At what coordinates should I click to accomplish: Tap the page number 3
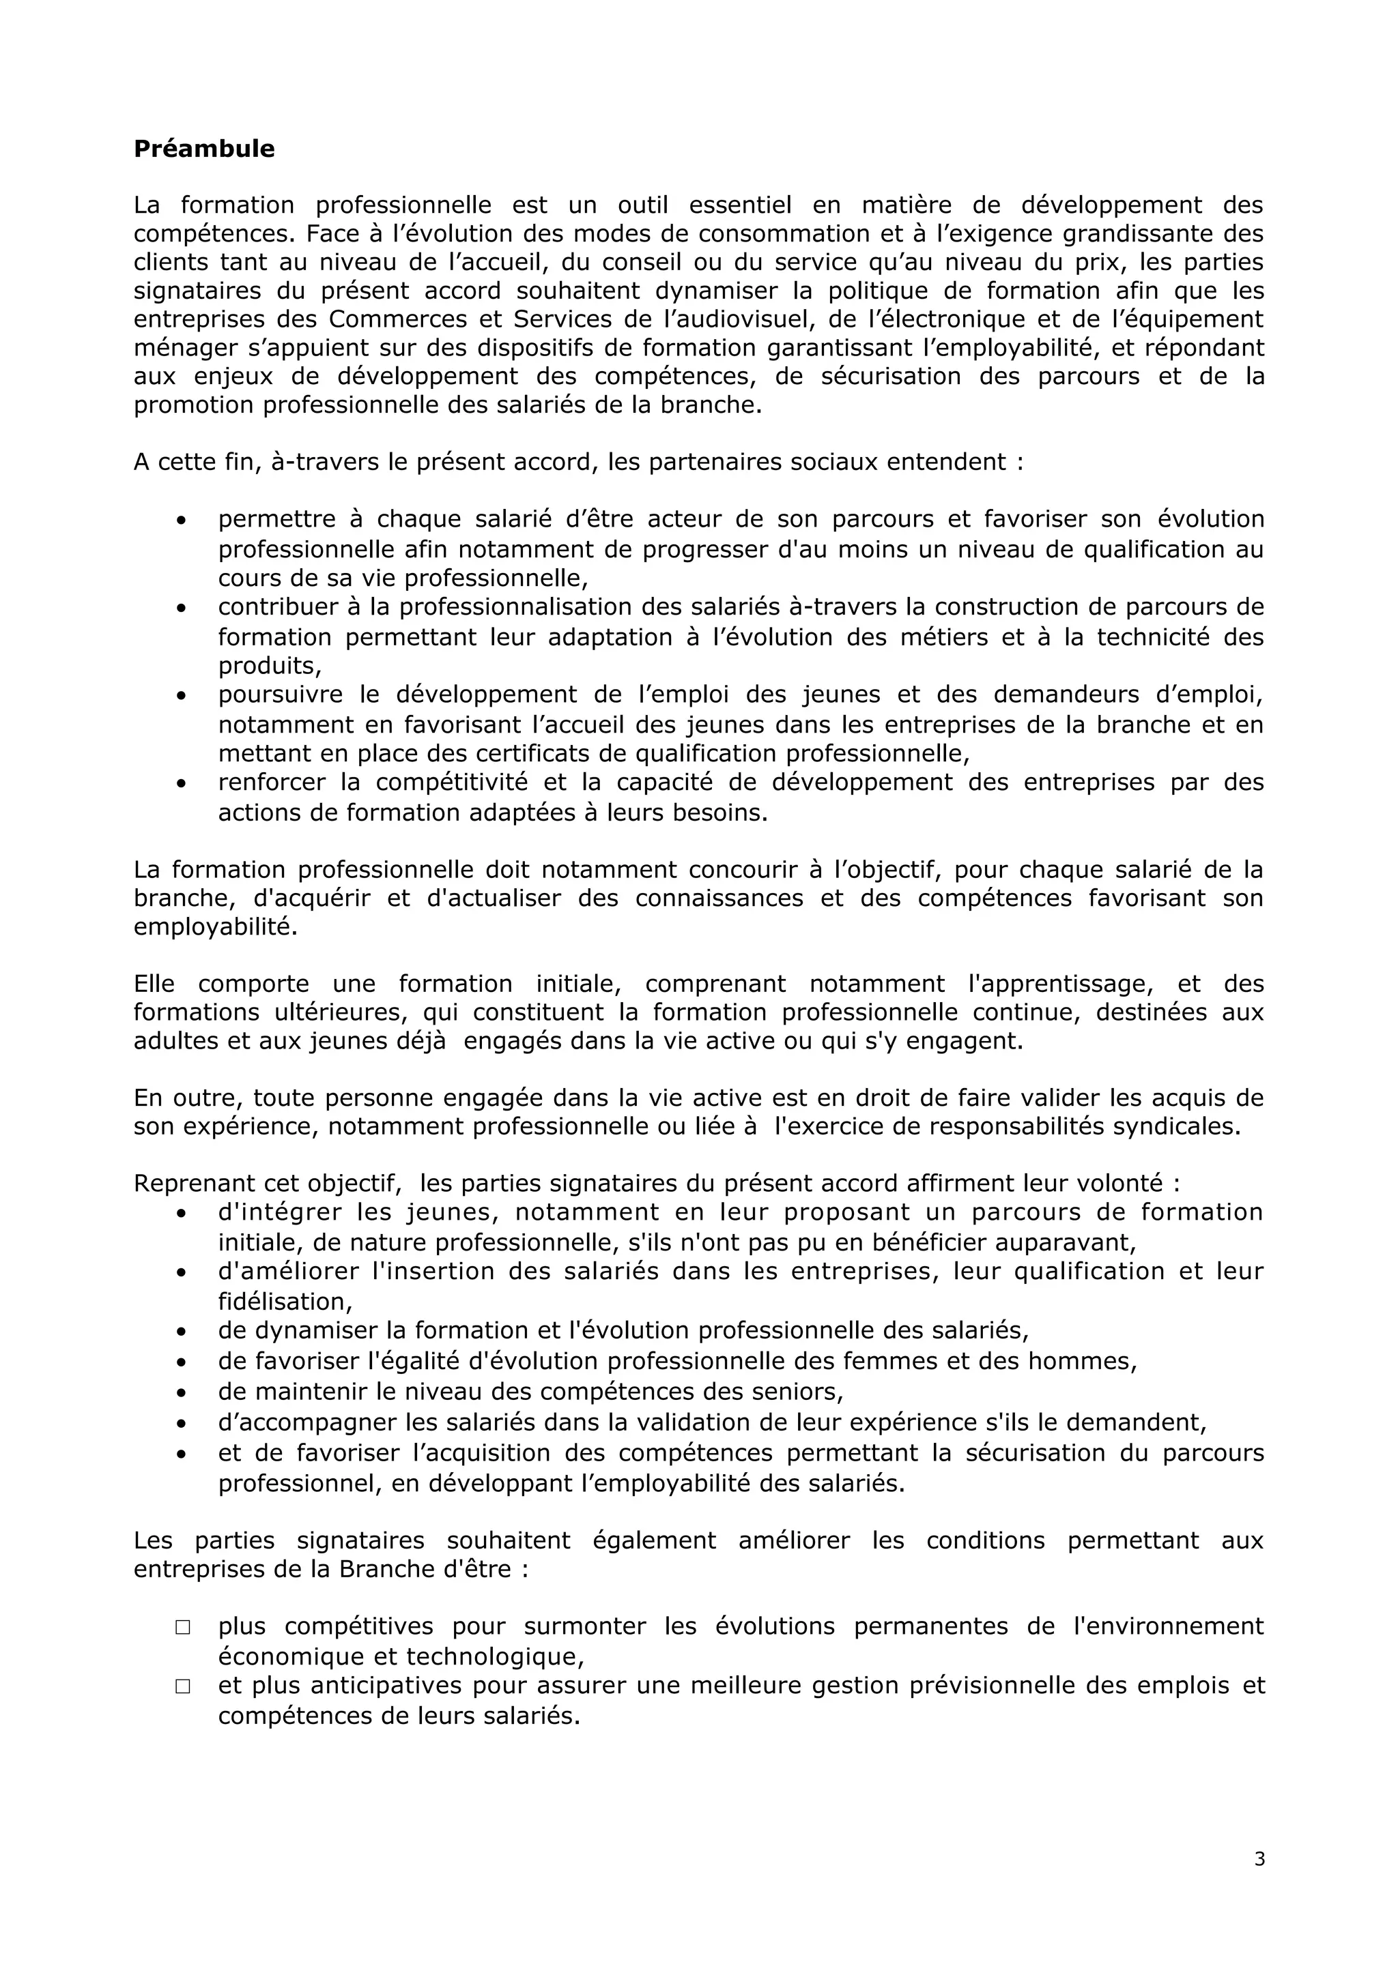1259,1883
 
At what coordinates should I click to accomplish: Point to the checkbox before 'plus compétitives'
183,1628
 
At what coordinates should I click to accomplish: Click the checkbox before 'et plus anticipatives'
183,1686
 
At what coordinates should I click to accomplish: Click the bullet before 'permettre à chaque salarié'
181,521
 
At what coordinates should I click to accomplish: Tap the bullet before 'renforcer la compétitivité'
181,784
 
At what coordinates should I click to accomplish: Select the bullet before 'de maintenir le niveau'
181,1392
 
